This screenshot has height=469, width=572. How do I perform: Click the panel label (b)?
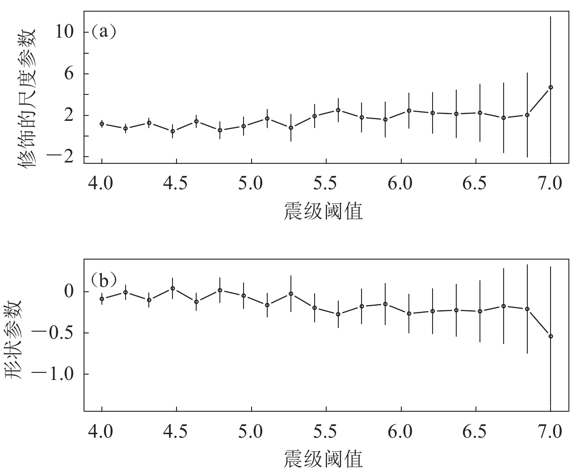pos(104,281)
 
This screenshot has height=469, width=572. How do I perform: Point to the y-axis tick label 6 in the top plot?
pos(68,74)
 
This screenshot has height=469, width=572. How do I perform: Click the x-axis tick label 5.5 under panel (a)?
pos(326,184)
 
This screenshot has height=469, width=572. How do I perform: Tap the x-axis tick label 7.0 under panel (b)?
pos(550,432)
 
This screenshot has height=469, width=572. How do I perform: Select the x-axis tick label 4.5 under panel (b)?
pos(177,432)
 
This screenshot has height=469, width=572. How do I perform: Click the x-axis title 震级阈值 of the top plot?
pos(323,210)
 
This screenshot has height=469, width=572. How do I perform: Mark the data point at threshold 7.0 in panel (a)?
pos(551,87)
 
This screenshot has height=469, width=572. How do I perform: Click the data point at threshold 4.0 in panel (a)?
pos(102,124)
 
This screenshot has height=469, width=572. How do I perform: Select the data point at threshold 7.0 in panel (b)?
pos(551,336)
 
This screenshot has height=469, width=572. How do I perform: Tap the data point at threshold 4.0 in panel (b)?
pos(102,298)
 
